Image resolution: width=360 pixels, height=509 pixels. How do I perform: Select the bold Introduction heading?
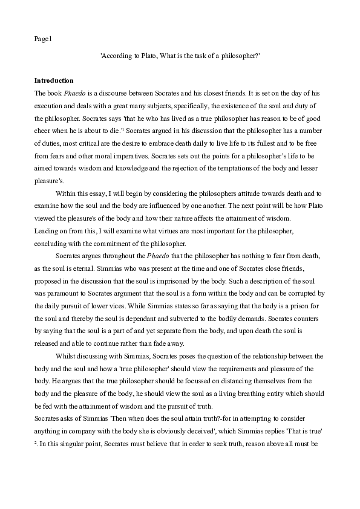pyautogui.click(x=54, y=80)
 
